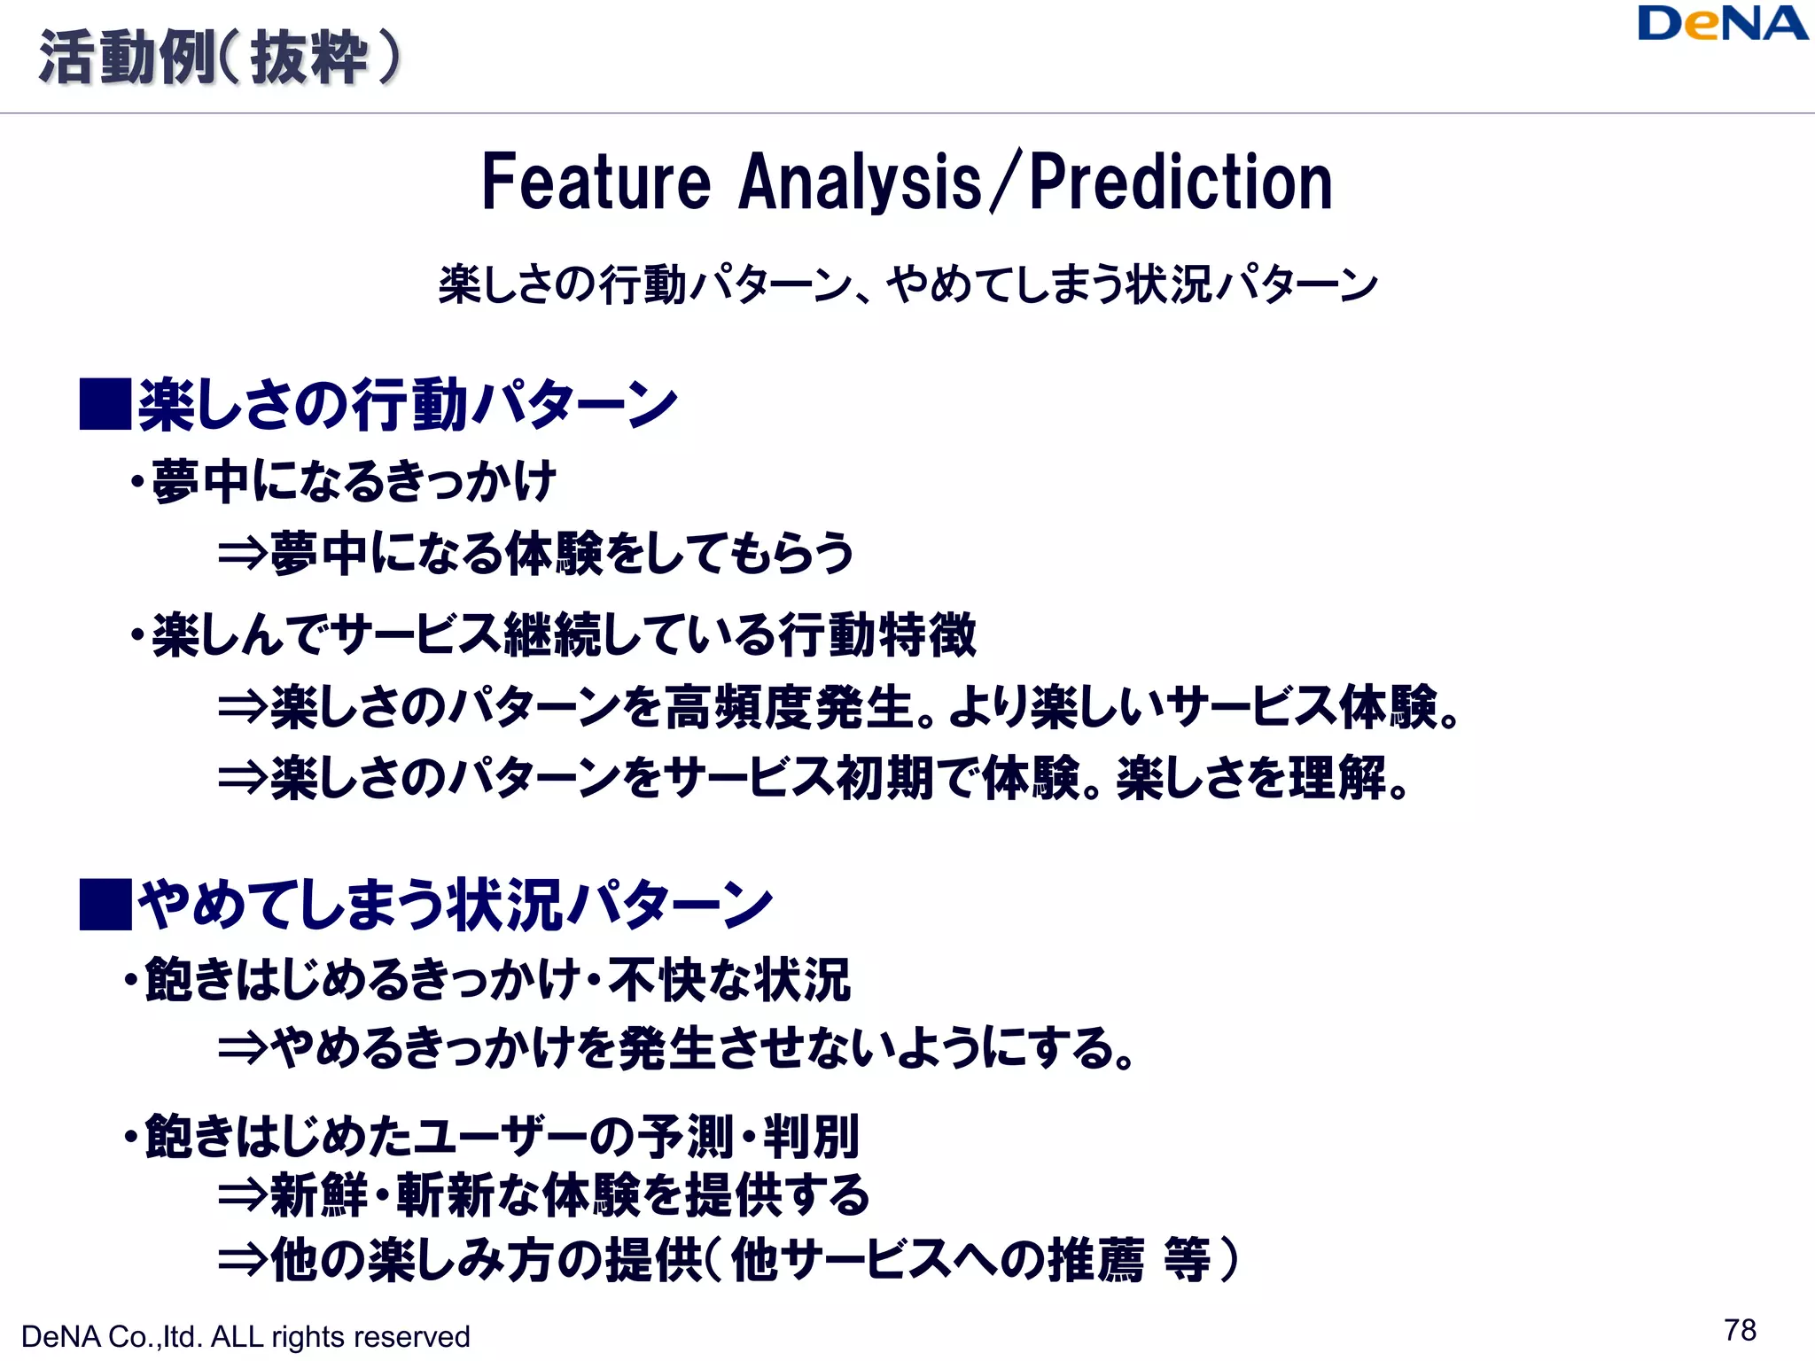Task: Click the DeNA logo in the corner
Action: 1721,24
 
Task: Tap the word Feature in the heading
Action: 596,183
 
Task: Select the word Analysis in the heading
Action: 860,183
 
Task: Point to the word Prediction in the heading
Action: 1180,183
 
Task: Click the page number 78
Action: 1740,1330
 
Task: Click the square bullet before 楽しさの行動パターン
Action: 105,404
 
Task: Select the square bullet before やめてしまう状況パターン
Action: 105,904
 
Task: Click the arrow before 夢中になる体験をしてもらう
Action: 242,554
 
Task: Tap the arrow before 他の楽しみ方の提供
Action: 242,1260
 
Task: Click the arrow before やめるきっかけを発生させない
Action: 242,1048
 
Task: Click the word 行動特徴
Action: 877,635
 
